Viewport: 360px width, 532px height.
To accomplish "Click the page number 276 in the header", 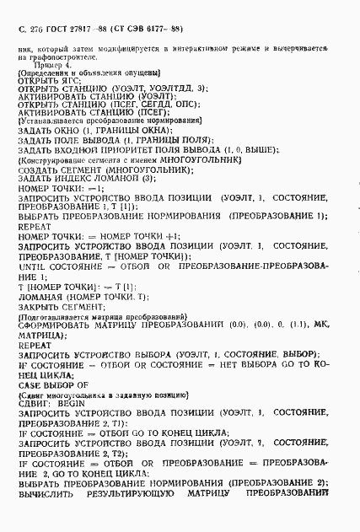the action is point(38,29).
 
